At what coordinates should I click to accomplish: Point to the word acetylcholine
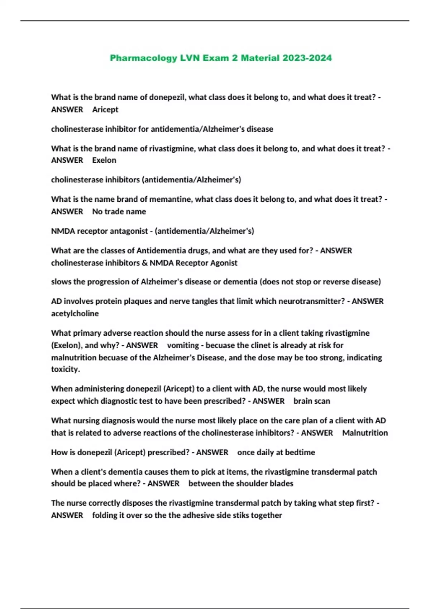click(75, 313)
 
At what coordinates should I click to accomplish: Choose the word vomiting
click(183, 345)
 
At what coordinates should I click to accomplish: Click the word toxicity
click(65, 369)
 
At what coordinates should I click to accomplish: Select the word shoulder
click(252, 484)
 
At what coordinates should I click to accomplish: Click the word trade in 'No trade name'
click(115, 212)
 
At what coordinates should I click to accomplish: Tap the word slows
click(61, 282)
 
